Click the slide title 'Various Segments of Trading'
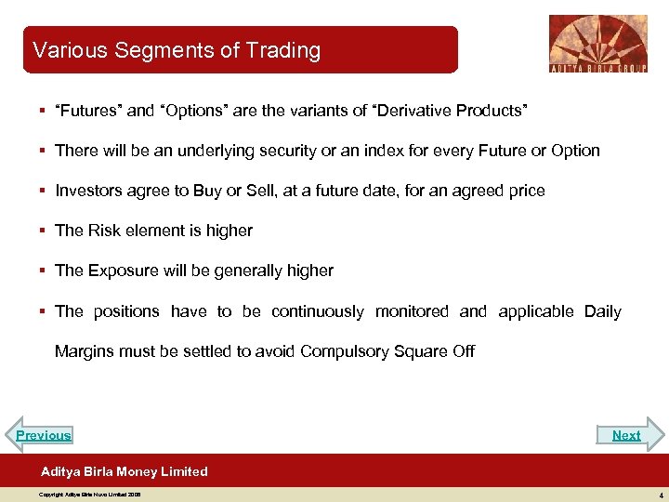177,50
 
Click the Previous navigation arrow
43,435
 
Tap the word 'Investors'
89,191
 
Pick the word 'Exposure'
123,271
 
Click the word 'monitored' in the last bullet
412,311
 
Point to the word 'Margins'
85,351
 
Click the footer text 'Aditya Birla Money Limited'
125,471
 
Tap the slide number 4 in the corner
659,495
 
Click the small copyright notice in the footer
89,495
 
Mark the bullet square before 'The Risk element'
44,231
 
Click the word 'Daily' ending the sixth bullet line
602,311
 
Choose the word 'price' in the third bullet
525,191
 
